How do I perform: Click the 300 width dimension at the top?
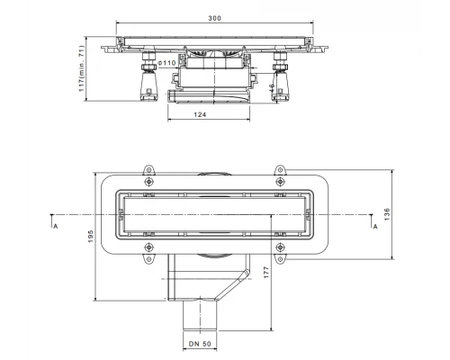214,19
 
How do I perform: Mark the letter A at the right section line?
374,227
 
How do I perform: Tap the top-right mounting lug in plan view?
279,172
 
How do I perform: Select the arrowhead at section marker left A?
54,216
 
